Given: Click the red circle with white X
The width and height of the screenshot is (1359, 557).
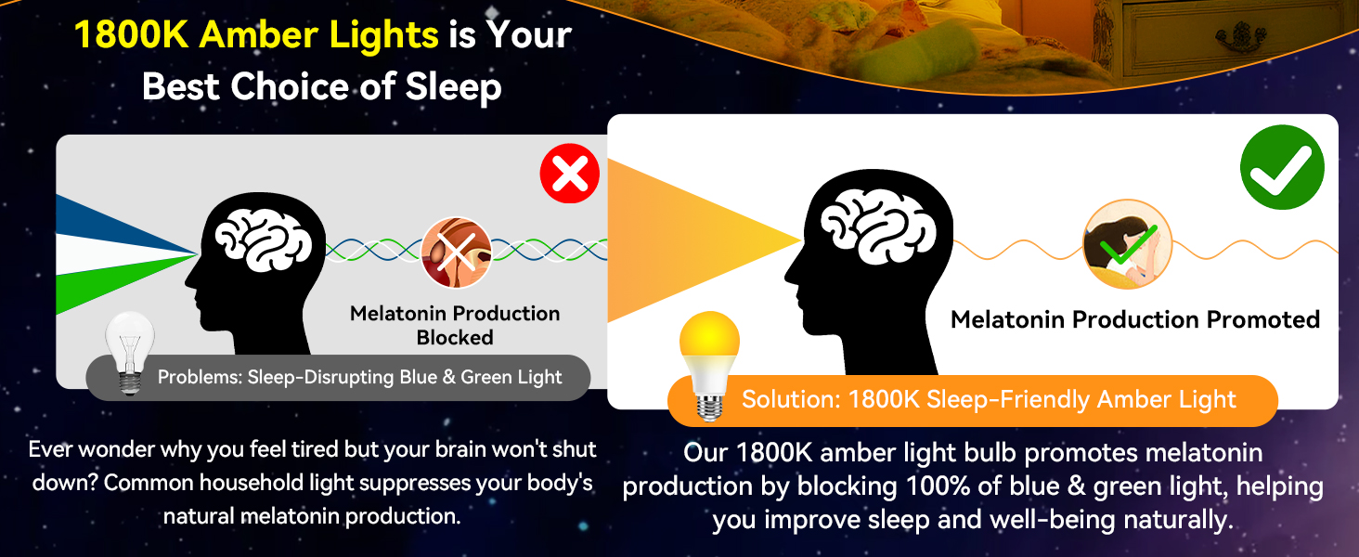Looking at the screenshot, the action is coord(570,174).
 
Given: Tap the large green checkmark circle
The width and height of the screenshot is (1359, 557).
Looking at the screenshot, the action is coord(1282,167).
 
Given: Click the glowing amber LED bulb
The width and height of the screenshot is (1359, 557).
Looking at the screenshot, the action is coord(709,365).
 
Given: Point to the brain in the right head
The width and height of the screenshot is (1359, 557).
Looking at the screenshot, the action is coord(878,226).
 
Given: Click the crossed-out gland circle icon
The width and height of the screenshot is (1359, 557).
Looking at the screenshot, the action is coord(456,253).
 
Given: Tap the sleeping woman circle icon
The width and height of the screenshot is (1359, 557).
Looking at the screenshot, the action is coord(1128,244).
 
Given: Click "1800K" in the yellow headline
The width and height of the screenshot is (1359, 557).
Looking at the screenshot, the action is coord(132,34).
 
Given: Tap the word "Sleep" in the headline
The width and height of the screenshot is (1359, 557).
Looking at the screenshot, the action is coord(453,86).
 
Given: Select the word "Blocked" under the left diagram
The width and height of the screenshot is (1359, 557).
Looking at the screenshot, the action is coord(455,337).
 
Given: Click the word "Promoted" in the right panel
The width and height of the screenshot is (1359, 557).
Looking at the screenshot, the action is coord(1263,319).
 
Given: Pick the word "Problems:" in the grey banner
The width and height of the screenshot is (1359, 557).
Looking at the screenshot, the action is coord(200,377).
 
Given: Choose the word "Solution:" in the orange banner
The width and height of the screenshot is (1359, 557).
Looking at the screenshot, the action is coord(791,399).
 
